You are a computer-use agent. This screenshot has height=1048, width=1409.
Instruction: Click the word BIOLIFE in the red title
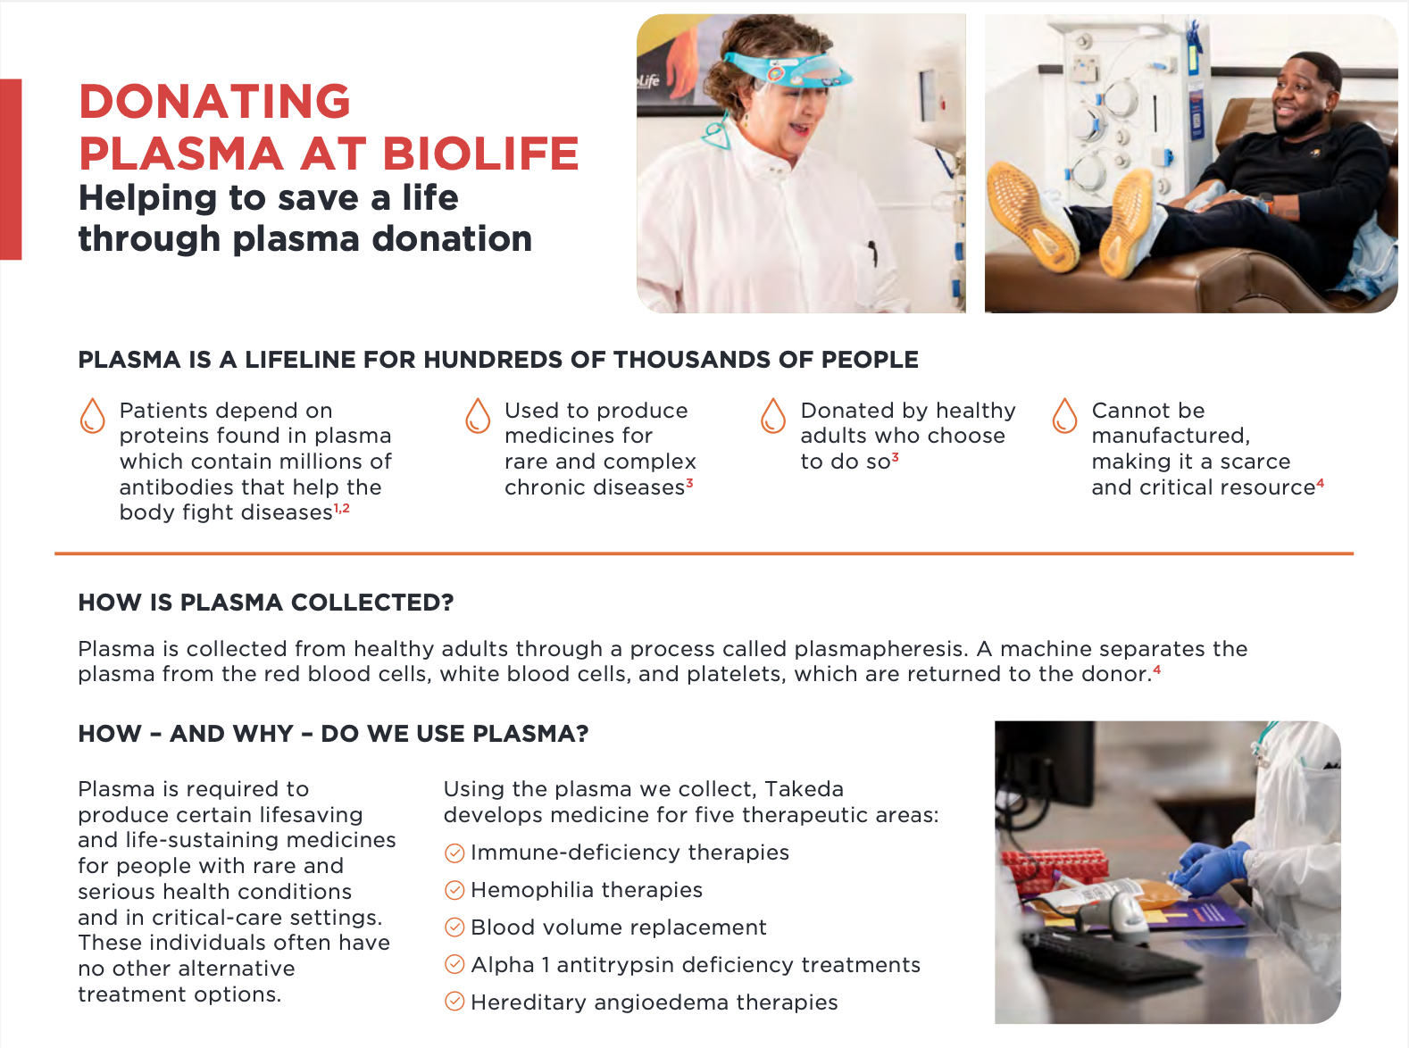click(x=480, y=154)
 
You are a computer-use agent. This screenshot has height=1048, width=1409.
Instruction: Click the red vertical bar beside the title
click(x=11, y=169)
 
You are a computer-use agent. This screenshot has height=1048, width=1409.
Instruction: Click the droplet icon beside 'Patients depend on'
click(x=92, y=416)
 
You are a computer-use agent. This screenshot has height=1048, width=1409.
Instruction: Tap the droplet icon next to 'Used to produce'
click(x=478, y=416)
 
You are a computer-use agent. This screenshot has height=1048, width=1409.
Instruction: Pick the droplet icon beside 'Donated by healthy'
click(x=773, y=416)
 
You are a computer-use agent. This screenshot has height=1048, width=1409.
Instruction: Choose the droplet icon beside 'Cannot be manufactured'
click(x=1064, y=416)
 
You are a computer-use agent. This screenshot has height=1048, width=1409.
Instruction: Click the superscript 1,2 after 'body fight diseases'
click(x=342, y=508)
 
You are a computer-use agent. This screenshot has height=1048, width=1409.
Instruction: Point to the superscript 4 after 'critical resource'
click(x=1321, y=483)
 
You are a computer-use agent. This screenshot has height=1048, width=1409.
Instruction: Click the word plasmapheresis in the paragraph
click(x=881, y=649)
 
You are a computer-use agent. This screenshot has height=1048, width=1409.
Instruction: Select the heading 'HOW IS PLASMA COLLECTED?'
click(x=265, y=603)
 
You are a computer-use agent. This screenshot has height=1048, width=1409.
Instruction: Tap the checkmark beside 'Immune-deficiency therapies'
click(x=454, y=853)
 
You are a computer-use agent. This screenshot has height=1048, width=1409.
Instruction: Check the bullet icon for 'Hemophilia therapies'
click(x=454, y=891)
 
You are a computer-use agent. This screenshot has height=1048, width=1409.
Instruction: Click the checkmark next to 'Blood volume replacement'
click(x=454, y=928)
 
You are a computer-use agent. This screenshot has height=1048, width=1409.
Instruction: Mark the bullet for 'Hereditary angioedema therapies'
click(x=454, y=1002)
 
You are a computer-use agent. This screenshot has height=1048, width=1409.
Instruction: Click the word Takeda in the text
click(x=804, y=789)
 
